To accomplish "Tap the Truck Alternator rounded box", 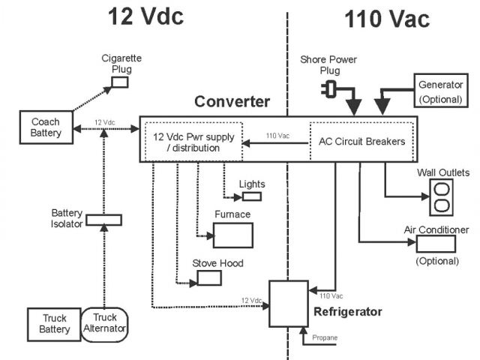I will tap(104, 325).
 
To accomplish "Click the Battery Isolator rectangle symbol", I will tap(103, 220).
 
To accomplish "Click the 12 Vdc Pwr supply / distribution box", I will tap(193, 141).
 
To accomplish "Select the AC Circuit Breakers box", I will tap(361, 140).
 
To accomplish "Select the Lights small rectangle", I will tap(251, 196).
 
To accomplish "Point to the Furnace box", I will tap(232, 235).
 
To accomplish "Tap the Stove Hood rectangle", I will tap(209, 278).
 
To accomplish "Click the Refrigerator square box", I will tap(288, 304).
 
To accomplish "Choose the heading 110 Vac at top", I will tap(387, 19).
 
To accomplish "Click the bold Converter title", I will tap(232, 101).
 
